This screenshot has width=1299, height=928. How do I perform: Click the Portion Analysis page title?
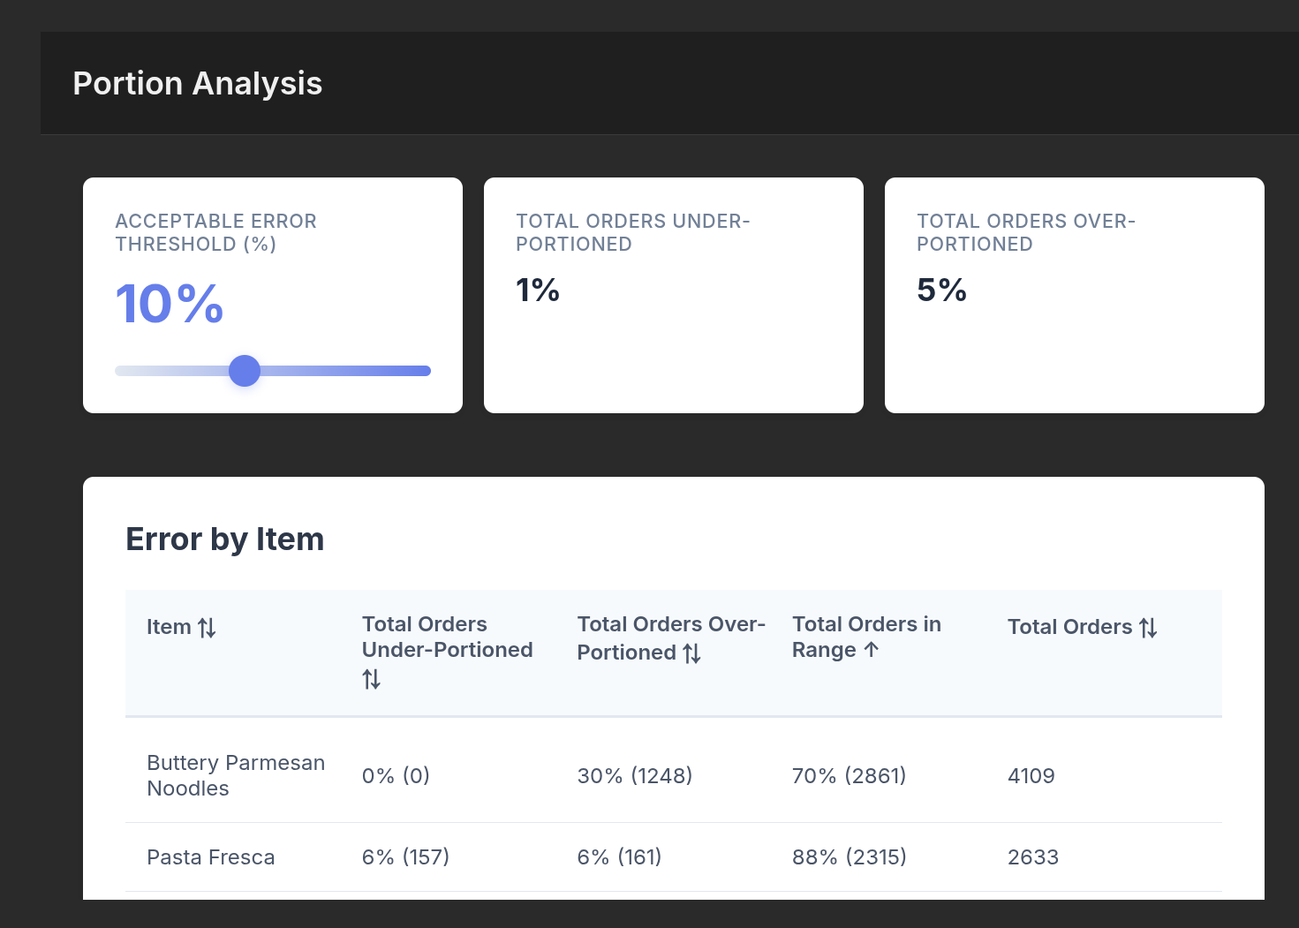pyautogui.click(x=197, y=84)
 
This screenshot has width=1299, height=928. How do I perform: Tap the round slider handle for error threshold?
pyautogui.click(x=245, y=371)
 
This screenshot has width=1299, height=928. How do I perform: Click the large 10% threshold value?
pyautogui.click(x=169, y=304)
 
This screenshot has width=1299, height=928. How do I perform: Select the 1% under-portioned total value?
pyautogui.click(x=537, y=290)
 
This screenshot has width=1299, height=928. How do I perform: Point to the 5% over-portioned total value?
pyautogui.click(x=941, y=290)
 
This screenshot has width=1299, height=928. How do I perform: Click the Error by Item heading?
pyautogui.click(x=224, y=539)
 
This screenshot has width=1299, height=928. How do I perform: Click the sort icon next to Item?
pyautogui.click(x=207, y=628)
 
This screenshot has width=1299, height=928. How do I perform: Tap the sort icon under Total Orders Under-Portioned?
pyautogui.click(x=371, y=679)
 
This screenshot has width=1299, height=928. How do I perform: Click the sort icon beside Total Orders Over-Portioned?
pyautogui.click(x=692, y=653)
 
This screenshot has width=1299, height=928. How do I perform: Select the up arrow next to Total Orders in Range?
pyautogui.click(x=872, y=650)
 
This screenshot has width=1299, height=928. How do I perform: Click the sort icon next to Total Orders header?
pyautogui.click(x=1148, y=628)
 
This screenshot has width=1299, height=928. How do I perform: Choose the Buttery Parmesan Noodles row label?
pyautogui.click(x=235, y=775)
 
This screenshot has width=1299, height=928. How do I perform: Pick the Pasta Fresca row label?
pyautogui.click(x=210, y=857)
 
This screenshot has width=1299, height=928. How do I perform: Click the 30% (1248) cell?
pyautogui.click(x=634, y=776)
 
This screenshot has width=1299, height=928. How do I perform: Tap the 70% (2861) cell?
pyautogui.click(x=849, y=776)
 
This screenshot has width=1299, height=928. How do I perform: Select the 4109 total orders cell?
pyautogui.click(x=1031, y=776)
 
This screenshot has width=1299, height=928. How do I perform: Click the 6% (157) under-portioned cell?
pyautogui.click(x=405, y=857)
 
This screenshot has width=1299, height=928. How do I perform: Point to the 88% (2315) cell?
pyautogui.click(x=849, y=857)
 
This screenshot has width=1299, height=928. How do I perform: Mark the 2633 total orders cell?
pyautogui.click(x=1032, y=857)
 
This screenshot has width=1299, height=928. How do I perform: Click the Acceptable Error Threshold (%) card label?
pyautogui.click(x=215, y=232)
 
